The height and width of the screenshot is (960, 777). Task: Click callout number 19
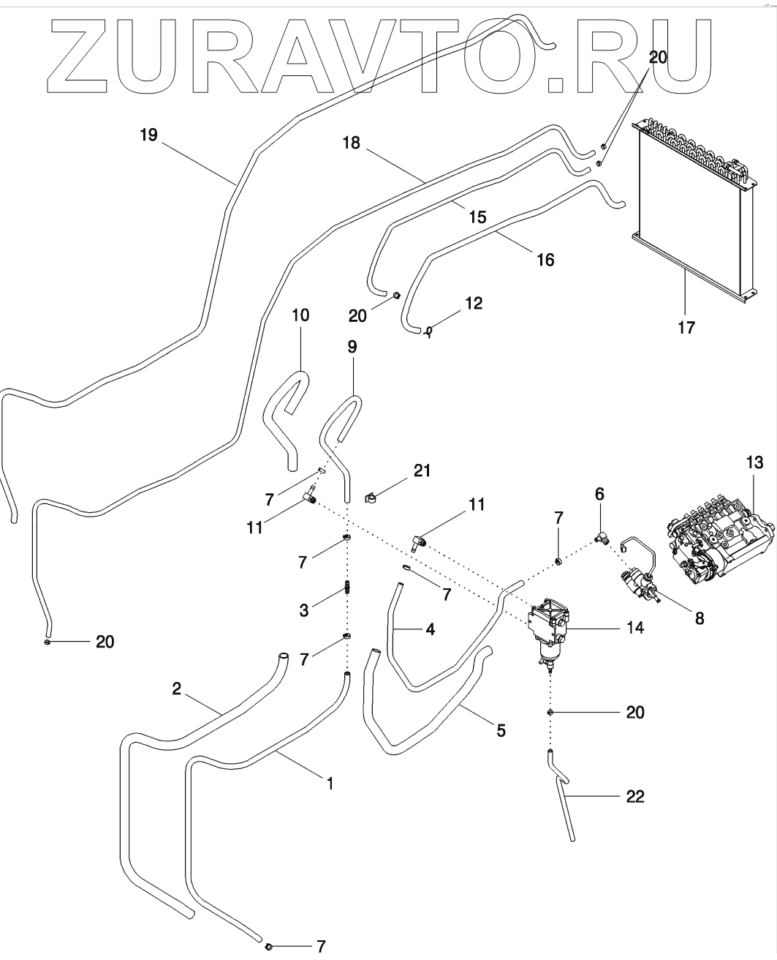click(149, 135)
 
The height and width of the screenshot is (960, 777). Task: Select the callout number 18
click(352, 143)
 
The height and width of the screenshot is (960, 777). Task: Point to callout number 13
click(754, 462)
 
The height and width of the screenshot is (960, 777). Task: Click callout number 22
click(635, 796)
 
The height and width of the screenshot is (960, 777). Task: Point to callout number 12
click(474, 302)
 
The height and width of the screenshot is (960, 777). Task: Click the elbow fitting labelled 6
click(602, 538)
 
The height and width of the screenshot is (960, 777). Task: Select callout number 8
click(699, 618)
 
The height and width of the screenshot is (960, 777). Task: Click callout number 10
click(300, 315)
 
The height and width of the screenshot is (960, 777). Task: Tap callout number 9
click(352, 346)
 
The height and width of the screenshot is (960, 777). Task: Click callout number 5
click(501, 730)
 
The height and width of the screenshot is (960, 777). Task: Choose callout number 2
click(176, 689)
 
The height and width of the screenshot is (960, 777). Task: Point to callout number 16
click(545, 259)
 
